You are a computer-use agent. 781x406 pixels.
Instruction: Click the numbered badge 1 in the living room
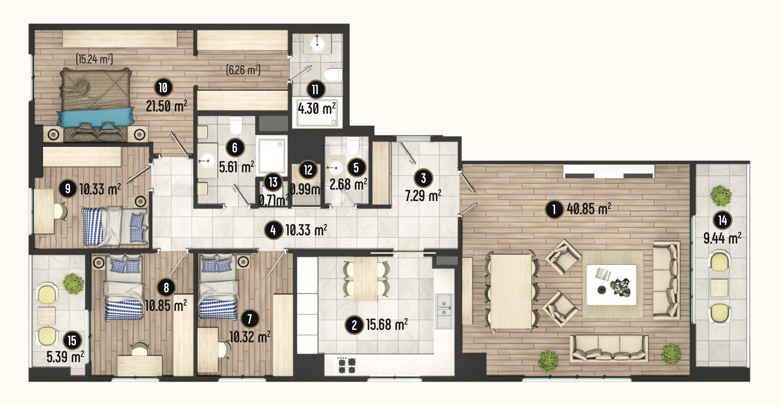click(554, 209)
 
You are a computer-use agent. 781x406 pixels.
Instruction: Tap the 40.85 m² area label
click(589, 209)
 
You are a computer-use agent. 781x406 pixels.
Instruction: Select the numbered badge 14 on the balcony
click(722, 220)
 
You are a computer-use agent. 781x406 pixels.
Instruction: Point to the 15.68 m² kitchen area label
click(387, 325)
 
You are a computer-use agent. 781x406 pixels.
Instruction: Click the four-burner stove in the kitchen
click(347, 365)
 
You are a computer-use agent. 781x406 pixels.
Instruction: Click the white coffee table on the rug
click(611, 285)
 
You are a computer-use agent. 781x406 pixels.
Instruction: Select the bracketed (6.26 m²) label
click(243, 70)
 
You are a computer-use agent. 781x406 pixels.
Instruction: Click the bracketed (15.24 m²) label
click(95, 59)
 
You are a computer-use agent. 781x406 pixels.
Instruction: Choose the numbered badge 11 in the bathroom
click(316, 89)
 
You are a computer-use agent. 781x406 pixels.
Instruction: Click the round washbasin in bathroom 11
click(317, 44)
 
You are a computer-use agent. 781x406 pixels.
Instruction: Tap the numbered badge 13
click(273, 182)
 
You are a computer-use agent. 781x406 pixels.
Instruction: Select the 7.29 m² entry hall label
click(423, 196)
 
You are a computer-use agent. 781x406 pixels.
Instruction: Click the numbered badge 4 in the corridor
click(274, 230)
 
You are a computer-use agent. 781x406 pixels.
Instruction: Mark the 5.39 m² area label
click(65, 357)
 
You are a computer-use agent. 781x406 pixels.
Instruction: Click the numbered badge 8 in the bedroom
click(166, 287)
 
